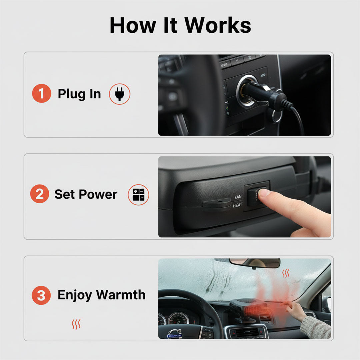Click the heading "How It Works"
click(x=180, y=25)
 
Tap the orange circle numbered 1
click(x=41, y=93)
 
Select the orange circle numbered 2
click(x=40, y=194)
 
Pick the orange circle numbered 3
click(x=41, y=295)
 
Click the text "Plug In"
click(x=79, y=94)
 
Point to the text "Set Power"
click(x=86, y=194)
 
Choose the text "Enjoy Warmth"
click(x=102, y=295)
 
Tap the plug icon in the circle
click(x=120, y=94)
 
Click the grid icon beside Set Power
click(x=138, y=194)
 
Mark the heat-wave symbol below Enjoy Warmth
click(x=76, y=324)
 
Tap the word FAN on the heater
click(x=238, y=197)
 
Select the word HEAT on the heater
click(x=238, y=205)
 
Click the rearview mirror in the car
click(x=255, y=263)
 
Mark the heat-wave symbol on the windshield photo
click(x=286, y=274)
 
